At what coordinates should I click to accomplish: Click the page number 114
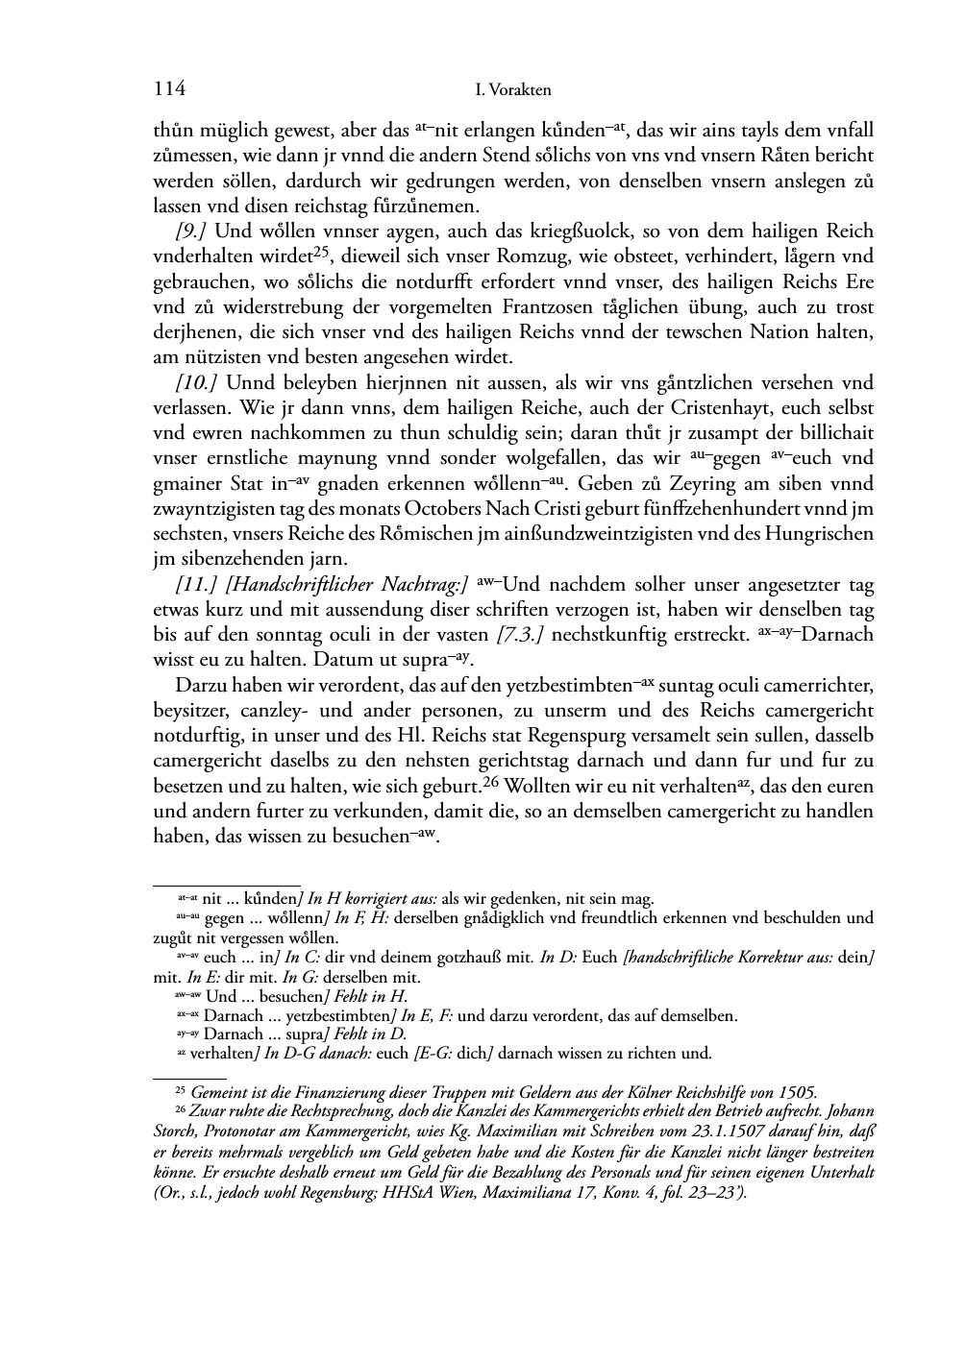click(168, 89)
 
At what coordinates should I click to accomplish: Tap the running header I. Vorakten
click(513, 90)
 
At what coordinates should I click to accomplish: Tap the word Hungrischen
click(824, 534)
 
